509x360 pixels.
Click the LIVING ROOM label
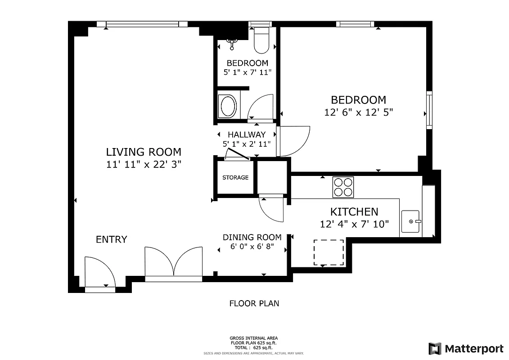coord(144,152)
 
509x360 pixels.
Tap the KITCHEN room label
coord(354,211)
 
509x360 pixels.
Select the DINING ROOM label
coord(252,237)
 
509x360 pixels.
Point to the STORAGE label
coord(235,178)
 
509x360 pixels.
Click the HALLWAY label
coord(246,135)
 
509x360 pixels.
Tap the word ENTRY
coord(112,239)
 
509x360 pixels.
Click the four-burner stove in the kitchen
coord(343,187)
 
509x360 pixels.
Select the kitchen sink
coord(410,221)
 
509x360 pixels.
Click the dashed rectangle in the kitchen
coord(329,252)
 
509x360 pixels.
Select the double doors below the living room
coord(174,263)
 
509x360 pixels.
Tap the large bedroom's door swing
coord(293,141)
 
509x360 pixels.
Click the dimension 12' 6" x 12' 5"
coord(359,112)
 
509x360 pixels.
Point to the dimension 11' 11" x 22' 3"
coord(144,165)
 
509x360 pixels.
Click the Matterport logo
coord(466,348)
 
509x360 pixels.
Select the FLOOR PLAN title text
coord(254,303)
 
